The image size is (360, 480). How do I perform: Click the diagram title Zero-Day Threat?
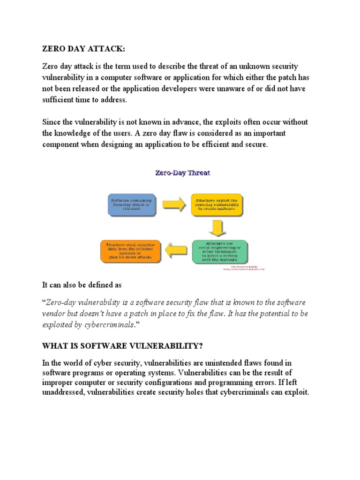point(182,173)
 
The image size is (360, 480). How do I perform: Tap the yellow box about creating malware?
point(217,204)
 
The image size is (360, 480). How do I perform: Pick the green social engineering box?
point(219,252)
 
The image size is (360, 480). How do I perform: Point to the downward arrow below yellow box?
point(217,228)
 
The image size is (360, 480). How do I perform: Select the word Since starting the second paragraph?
point(52,122)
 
